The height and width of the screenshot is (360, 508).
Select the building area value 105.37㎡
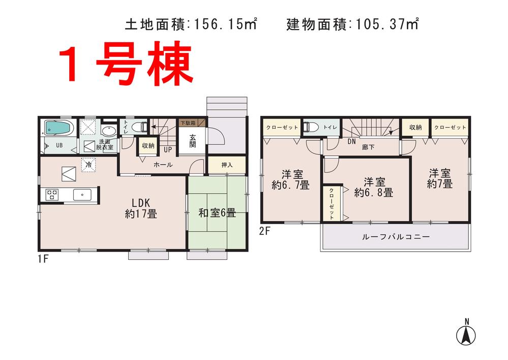[387, 23]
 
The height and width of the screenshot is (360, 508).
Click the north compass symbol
[466, 333]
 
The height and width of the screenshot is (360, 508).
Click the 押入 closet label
[227, 165]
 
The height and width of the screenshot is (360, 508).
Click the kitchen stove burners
[53, 194]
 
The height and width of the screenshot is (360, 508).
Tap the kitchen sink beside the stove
[81, 194]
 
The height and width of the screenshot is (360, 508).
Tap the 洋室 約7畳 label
[439, 178]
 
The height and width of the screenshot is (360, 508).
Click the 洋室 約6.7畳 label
[290, 179]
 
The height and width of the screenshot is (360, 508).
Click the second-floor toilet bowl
[310, 128]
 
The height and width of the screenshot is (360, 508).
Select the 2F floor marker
[264, 230]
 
